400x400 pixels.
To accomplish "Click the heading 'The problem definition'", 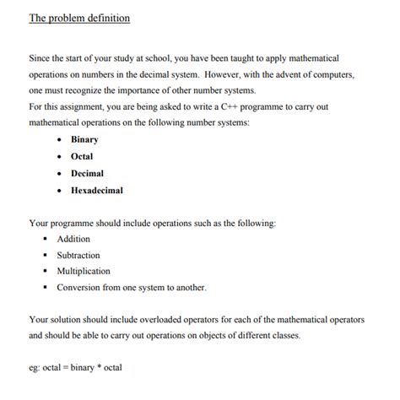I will coord(79,18).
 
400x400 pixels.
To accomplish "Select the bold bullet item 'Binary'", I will coord(84,139).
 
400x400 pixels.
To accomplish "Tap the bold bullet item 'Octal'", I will coord(82,156).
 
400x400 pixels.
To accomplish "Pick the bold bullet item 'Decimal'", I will coord(87,173).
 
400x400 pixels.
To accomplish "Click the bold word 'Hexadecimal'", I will coord(97,190).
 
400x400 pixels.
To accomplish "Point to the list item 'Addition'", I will coord(73,239).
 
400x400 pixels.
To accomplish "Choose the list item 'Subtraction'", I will coord(78,255).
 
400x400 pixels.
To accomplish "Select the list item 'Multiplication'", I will coord(84,271).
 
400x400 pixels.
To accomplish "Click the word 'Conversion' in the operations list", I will coord(79,287).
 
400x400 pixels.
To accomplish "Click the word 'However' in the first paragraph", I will coord(224,73).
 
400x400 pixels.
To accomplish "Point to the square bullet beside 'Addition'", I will coord(48,239).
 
